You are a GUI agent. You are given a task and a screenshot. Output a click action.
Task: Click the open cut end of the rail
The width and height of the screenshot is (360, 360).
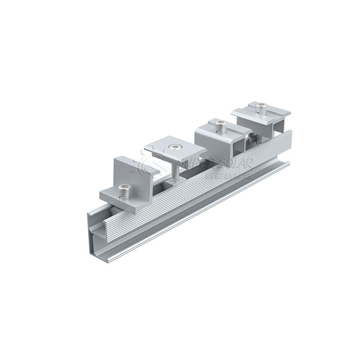pyautogui.click(x=97, y=229)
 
